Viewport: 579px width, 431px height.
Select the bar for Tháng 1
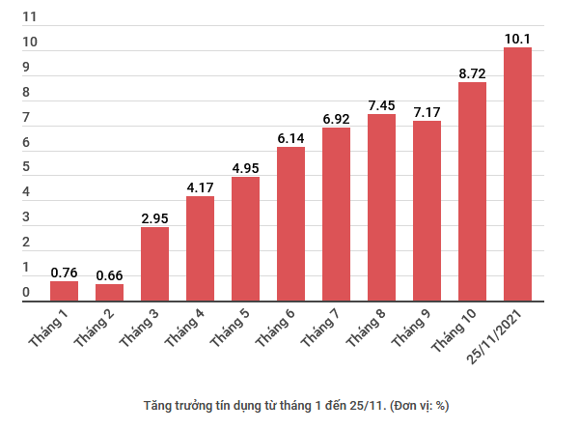pos(64,292)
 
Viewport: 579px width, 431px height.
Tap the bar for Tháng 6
pos(290,224)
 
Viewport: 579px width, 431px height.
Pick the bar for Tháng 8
pos(381,208)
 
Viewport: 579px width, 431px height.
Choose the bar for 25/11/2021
pos(517,175)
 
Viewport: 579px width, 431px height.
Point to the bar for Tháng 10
pos(472,192)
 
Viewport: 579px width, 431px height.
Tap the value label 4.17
pos(200,186)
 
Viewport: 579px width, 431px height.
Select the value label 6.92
pos(336,117)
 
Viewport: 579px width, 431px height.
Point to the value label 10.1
pos(517,38)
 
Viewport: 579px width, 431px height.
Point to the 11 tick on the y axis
pos(29,17)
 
